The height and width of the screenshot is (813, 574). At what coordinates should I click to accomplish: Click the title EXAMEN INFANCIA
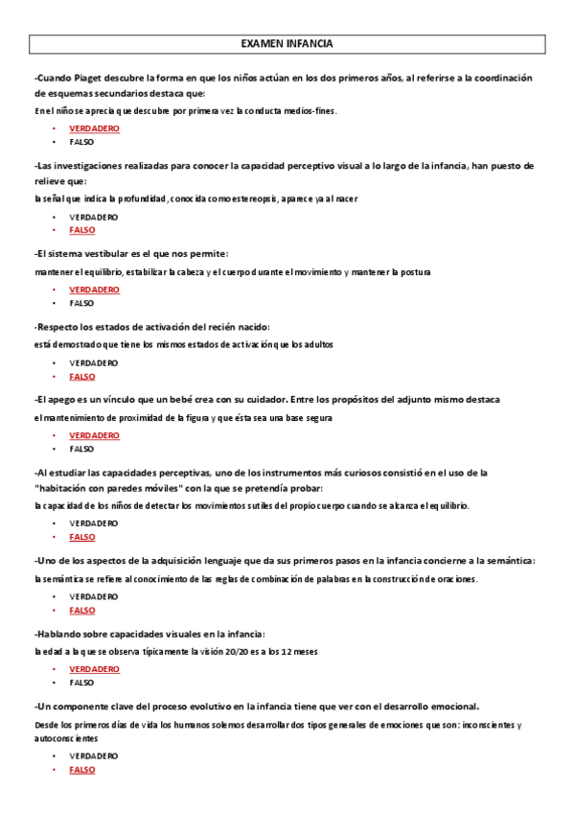287,44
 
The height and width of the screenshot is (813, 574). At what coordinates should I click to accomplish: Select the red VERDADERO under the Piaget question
94,128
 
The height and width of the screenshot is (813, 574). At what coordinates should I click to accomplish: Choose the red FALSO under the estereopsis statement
82,230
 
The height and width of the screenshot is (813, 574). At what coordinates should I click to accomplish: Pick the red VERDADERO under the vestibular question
94,289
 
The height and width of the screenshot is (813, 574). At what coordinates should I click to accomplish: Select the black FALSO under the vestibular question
82,302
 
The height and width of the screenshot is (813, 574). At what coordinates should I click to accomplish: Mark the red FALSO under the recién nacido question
82,377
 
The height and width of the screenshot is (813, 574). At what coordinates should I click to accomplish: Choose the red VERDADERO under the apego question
94,435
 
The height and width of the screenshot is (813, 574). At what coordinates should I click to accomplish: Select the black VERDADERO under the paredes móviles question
94,523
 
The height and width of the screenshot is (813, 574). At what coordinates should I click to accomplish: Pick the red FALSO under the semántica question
82,610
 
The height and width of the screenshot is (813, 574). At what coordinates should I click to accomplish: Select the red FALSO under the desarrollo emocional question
82,770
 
